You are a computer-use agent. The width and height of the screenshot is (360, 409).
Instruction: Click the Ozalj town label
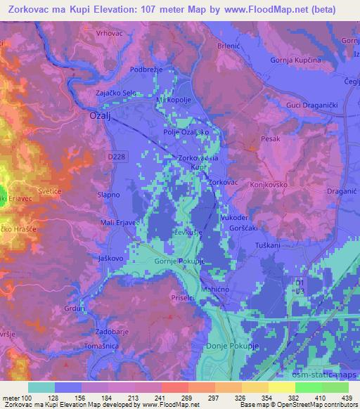103,115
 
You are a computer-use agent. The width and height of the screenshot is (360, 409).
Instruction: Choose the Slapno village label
110,194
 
